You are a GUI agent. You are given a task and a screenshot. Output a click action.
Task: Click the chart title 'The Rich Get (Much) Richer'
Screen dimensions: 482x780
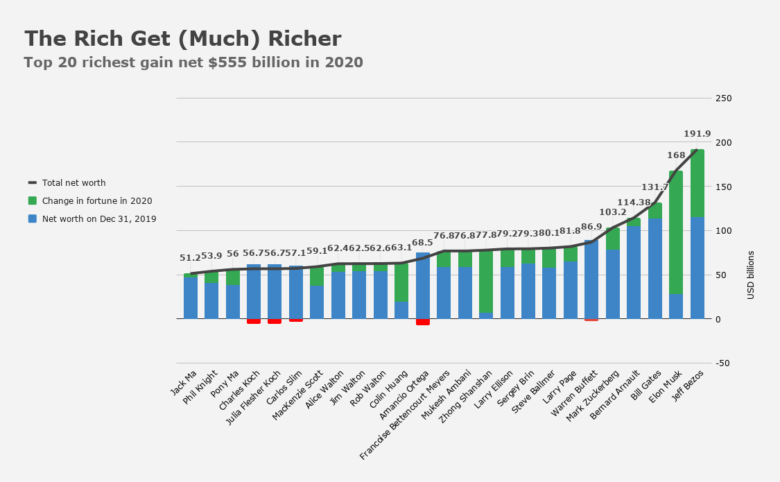click(x=183, y=39)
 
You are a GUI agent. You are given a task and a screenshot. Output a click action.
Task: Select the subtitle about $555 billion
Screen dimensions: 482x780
click(x=193, y=62)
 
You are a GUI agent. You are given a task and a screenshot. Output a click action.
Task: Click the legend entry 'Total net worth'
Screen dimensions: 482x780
click(x=73, y=183)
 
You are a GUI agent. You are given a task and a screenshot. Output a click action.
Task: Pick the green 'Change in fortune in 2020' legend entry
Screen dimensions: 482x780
click(x=96, y=201)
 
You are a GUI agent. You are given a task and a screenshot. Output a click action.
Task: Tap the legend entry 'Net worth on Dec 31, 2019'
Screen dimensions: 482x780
click(x=98, y=219)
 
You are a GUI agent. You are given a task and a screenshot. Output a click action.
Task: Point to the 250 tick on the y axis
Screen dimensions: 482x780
click(x=724, y=98)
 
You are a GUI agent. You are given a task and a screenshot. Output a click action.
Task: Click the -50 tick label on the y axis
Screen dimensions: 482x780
click(x=724, y=363)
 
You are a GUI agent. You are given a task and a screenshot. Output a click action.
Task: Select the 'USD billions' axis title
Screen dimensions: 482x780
click(x=751, y=275)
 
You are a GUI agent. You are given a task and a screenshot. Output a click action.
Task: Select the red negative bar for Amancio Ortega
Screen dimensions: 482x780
click(x=422, y=322)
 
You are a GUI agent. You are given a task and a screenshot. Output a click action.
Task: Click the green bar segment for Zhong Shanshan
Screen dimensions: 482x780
click(x=486, y=282)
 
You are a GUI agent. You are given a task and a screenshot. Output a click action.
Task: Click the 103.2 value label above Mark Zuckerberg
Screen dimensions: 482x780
click(x=613, y=212)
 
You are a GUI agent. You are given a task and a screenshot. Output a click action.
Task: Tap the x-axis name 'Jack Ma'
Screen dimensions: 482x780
click(x=182, y=383)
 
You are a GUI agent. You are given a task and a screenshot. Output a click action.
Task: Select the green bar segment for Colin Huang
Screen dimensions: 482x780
click(x=401, y=282)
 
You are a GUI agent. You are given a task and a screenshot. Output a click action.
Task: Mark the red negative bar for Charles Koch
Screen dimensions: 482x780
click(x=254, y=321)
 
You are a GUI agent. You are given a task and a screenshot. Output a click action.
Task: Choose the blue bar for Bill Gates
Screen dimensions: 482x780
click(x=655, y=268)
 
